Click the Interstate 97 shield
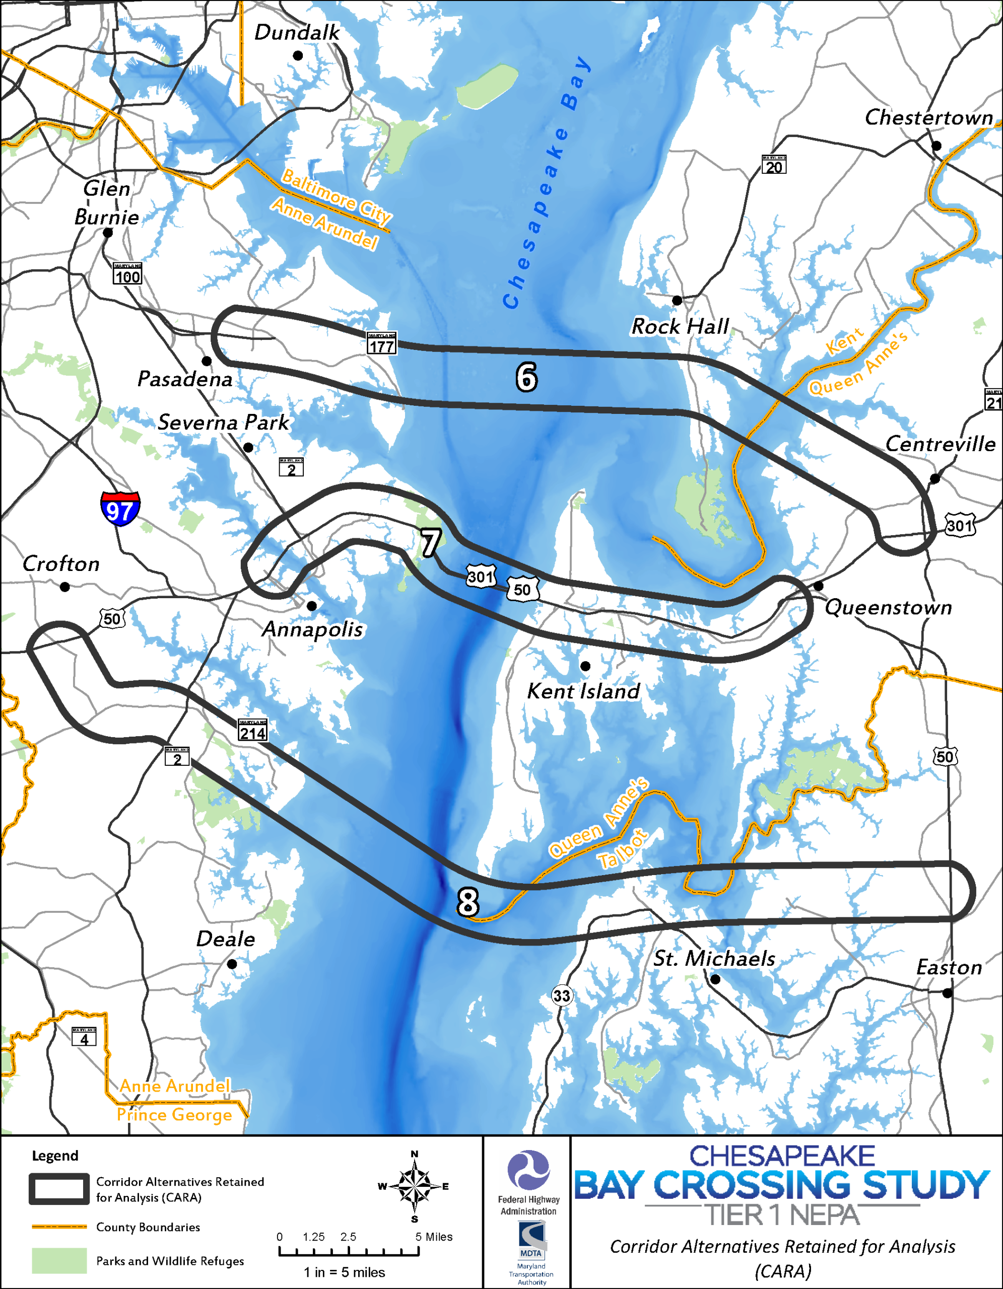tap(120, 508)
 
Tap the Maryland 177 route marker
tap(381, 343)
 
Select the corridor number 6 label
tap(526, 377)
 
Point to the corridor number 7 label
tap(430, 542)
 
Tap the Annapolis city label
tap(312, 629)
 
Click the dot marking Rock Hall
tap(677, 301)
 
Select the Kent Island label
tap(583, 691)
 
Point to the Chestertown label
tap(928, 117)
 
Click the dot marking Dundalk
tap(298, 55)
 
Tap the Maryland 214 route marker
tap(253, 730)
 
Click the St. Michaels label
tap(714, 959)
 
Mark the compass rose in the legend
tap(415, 1186)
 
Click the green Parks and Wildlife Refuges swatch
tap(59, 1261)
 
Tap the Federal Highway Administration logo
tap(528, 1170)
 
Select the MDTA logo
tap(531, 1239)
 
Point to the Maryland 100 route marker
tap(127, 274)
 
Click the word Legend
tap(55, 1156)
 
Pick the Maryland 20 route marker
tap(774, 165)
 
